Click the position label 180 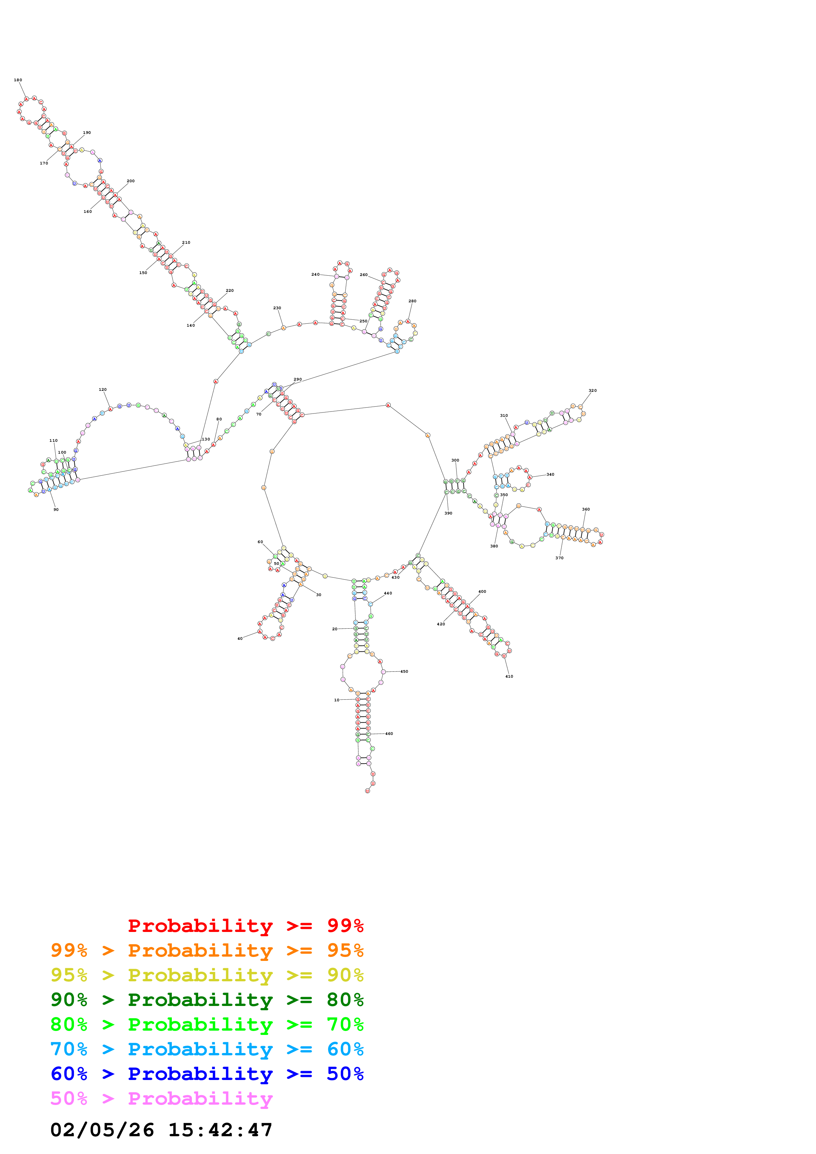tap(17, 80)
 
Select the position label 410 tap(509, 677)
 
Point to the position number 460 tap(389, 734)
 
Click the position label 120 tap(103, 389)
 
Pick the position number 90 tap(56, 510)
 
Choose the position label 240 tap(315, 274)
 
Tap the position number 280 tap(412, 301)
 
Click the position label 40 tap(240, 639)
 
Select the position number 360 tap(586, 509)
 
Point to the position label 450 tap(404, 671)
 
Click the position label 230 tap(277, 308)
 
